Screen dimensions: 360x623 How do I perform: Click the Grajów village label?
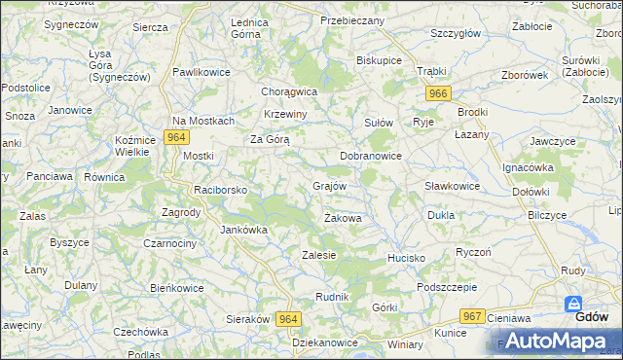tap(329, 185)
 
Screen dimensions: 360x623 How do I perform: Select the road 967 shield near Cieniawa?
tap(473, 316)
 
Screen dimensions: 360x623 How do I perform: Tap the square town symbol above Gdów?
tap(573, 303)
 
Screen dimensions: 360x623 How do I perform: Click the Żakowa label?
tap(343, 219)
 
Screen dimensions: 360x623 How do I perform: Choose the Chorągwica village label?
tap(290, 91)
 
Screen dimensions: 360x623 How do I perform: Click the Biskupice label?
tap(380, 60)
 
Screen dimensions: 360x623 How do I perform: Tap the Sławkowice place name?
tap(453, 186)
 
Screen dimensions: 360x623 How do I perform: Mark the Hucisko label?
tap(407, 258)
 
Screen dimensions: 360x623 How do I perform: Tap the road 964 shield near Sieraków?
tap(288, 318)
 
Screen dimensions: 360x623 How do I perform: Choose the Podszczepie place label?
tap(446, 287)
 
